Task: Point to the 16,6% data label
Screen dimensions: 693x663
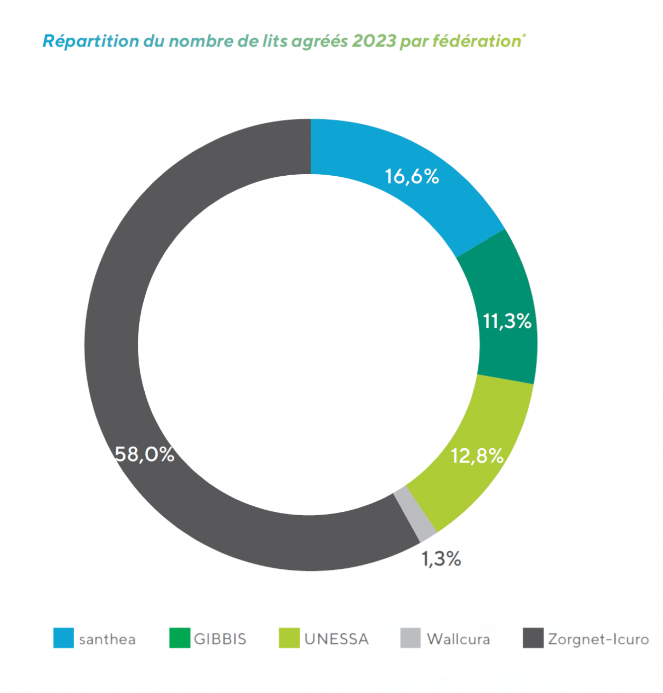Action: [412, 176]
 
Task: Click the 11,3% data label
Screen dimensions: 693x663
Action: [507, 321]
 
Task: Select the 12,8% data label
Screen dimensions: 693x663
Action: [477, 456]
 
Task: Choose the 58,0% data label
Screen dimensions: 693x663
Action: [145, 454]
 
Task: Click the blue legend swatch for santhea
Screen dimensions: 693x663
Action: [64, 638]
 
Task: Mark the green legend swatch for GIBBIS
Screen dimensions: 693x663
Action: [180, 638]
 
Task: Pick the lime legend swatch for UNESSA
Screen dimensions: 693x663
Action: [289, 638]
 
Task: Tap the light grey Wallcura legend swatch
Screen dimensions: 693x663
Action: [410, 638]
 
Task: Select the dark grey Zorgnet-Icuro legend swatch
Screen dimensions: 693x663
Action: [533, 638]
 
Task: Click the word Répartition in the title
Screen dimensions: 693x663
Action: [91, 41]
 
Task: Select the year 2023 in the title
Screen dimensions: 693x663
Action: [374, 41]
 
